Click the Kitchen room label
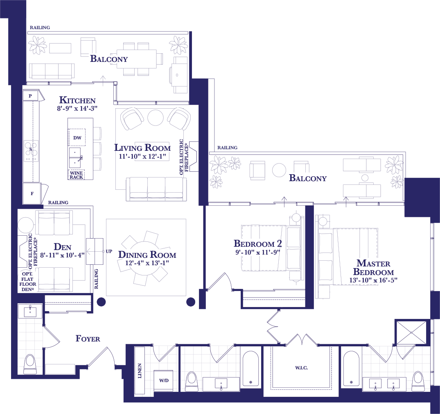click(77, 100)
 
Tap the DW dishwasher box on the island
click(77, 137)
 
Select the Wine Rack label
click(76, 175)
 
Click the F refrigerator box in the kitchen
click(32, 193)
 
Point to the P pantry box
click(30, 96)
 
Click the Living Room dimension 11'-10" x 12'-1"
click(142, 156)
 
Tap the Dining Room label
click(147, 255)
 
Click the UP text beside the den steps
click(109, 251)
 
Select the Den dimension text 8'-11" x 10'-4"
click(62, 255)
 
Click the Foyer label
click(88, 339)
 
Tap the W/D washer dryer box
click(163, 380)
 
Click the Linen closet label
click(140, 371)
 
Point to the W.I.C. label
click(301, 368)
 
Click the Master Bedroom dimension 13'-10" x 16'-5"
click(373, 280)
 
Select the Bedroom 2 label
click(257, 243)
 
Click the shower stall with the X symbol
click(411, 332)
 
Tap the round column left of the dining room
click(101, 302)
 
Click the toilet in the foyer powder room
click(30, 364)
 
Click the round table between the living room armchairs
click(156, 117)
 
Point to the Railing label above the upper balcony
click(40, 27)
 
